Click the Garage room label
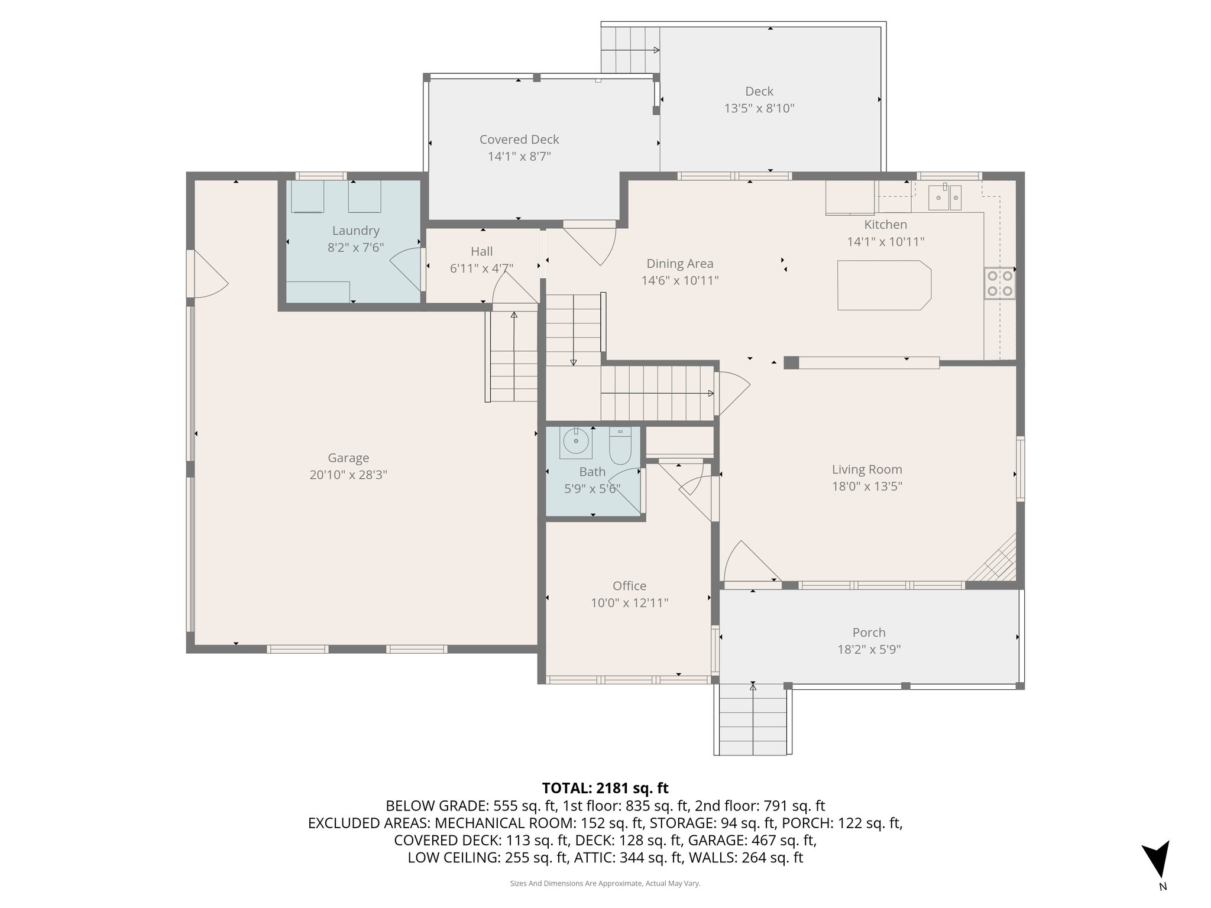(348, 458)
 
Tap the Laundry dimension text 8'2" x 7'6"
(355, 248)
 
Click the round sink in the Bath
(575, 441)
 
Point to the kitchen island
(883, 285)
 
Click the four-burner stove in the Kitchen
(999, 284)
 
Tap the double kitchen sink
(945, 197)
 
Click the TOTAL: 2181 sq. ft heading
(605, 788)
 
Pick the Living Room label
(867, 469)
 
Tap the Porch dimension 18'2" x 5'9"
(869, 650)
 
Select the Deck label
(759, 91)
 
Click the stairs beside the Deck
(630, 50)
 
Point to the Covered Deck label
(519, 140)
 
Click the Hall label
(481, 251)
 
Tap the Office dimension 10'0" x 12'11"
(629, 603)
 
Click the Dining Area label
(679, 264)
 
